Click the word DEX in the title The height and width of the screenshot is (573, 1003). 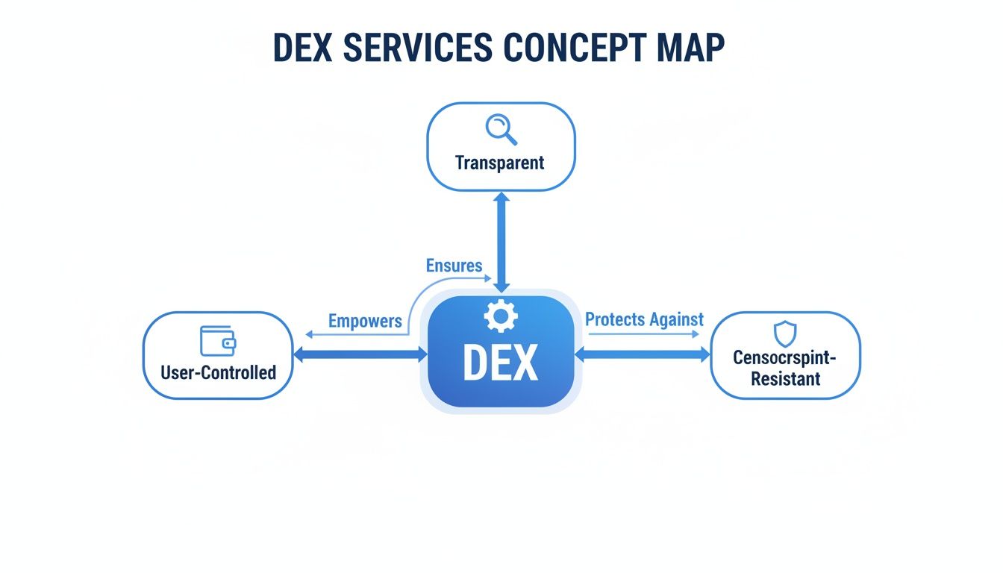tap(305, 48)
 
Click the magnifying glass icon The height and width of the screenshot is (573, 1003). tap(501, 129)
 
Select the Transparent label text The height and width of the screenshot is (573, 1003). tap(500, 162)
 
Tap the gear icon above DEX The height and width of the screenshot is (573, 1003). tap(500, 316)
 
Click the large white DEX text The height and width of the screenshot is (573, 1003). tap(500, 363)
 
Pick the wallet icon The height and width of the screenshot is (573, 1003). tap(218, 340)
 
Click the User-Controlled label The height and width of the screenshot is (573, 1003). tap(218, 372)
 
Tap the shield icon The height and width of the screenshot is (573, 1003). tap(785, 334)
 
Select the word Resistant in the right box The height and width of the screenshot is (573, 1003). tap(785, 378)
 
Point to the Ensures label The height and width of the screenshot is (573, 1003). tap(454, 265)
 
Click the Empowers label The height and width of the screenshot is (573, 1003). tap(365, 322)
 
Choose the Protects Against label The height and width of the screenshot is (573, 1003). tap(644, 319)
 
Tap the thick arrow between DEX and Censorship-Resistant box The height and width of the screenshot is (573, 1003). tap(642, 355)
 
